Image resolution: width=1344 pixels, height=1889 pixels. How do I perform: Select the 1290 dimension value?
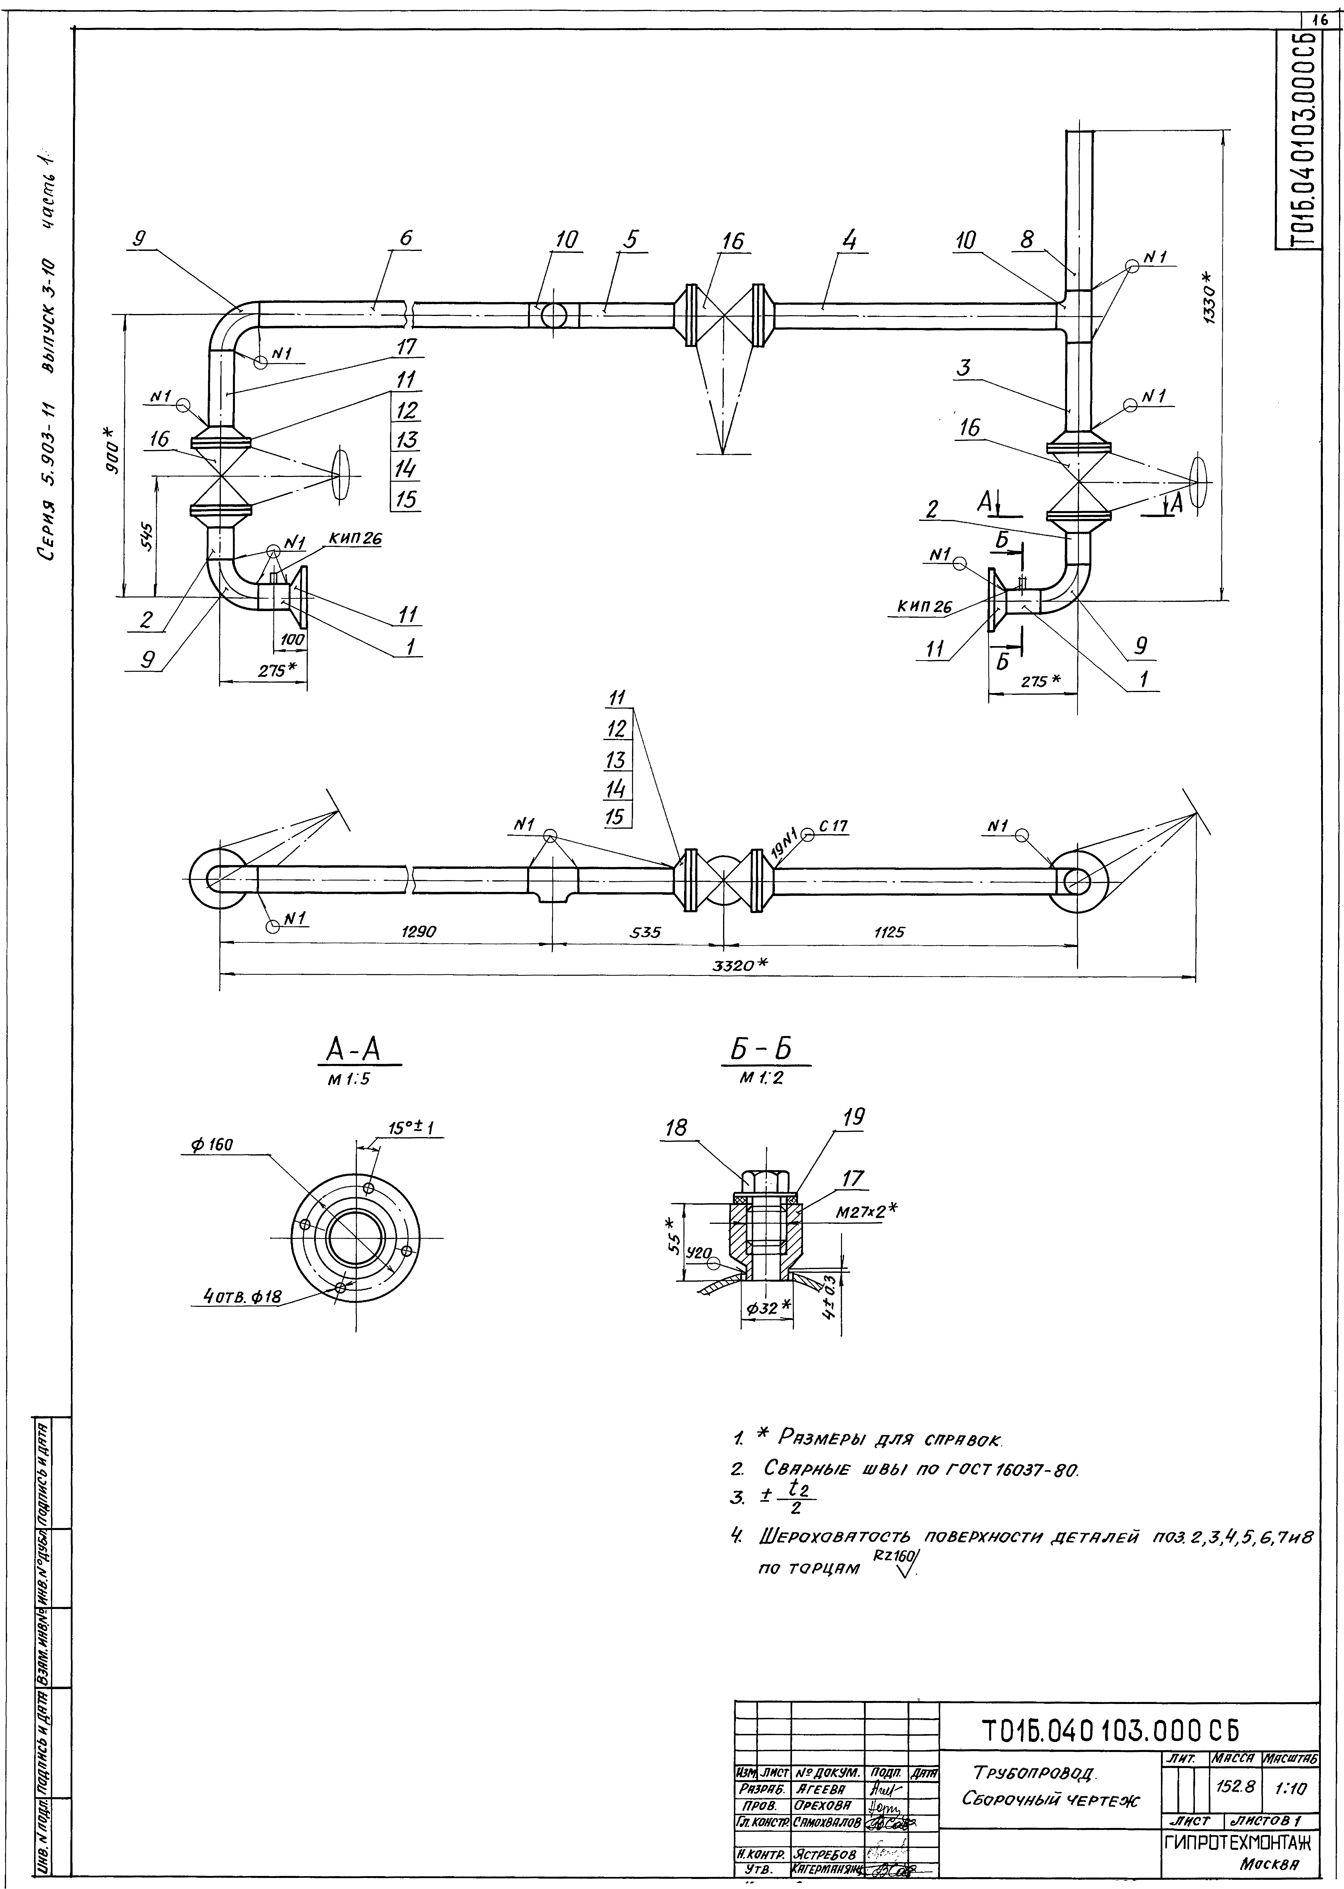(419, 932)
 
